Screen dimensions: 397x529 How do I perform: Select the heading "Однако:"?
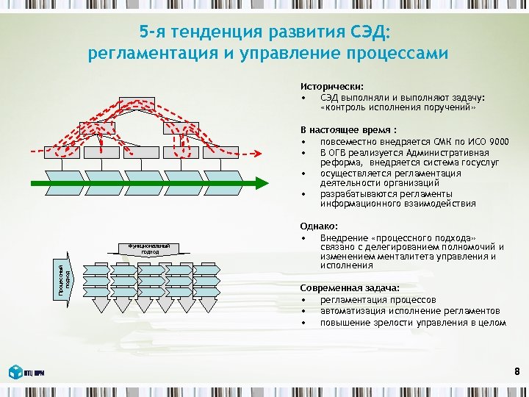pos(319,227)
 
